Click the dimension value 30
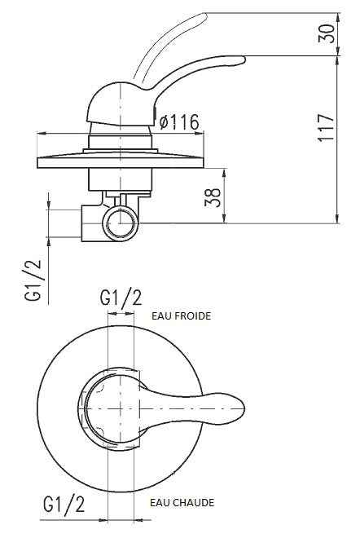tap(327, 34)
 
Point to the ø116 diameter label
tap(179, 122)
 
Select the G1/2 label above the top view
tap(121, 298)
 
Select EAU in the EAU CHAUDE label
tap(159, 503)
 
